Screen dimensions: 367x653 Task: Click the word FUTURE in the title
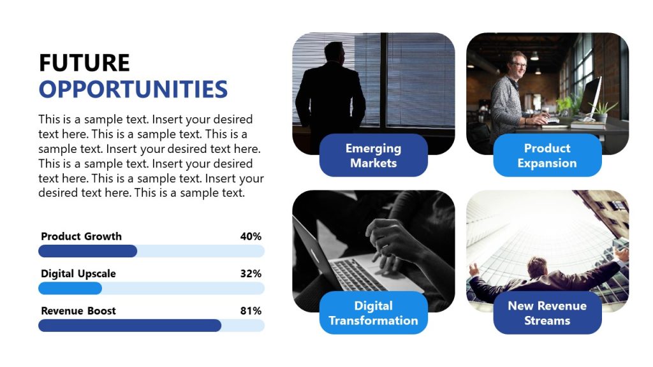tap(84, 63)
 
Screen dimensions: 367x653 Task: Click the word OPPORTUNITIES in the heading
tap(133, 89)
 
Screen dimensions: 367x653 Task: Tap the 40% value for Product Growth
tap(251, 236)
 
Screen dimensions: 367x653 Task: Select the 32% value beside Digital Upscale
tap(251, 274)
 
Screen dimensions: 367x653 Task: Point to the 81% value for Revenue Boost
tap(251, 311)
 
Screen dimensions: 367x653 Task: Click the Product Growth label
tap(81, 236)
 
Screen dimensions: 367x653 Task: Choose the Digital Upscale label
tap(78, 274)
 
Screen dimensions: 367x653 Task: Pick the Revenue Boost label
tap(78, 311)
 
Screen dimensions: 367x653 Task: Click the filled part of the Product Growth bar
tap(87, 251)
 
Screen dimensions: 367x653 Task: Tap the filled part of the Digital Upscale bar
tap(70, 289)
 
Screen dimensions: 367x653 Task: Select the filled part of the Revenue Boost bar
tap(129, 326)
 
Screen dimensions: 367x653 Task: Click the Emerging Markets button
tap(373, 155)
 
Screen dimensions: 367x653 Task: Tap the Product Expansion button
tap(547, 155)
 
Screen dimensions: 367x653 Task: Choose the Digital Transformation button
tap(373, 313)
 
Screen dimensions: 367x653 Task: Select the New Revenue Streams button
tap(547, 313)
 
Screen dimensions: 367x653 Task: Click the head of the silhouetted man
tap(334, 53)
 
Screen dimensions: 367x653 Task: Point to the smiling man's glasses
tap(519, 64)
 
